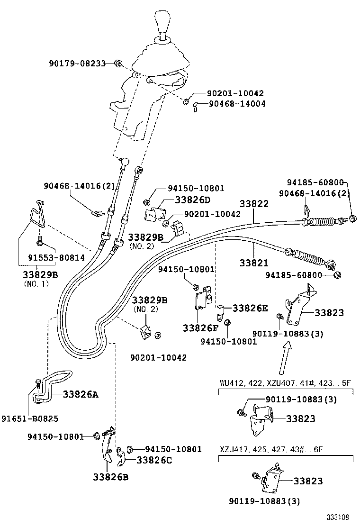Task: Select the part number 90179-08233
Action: point(77,63)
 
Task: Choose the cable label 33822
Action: point(254,204)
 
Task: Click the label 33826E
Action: point(249,308)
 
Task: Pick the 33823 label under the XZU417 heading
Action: point(308,481)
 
